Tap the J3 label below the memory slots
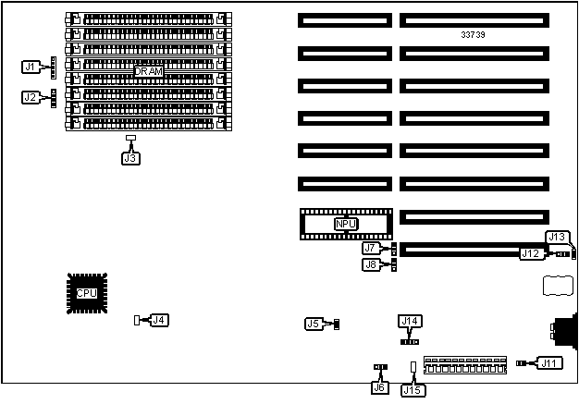coord(130,157)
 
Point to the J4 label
coord(159,320)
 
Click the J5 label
coord(314,324)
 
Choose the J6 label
coord(378,388)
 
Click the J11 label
coord(550,363)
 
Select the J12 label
coord(530,253)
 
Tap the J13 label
coord(557,237)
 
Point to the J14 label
coord(410,321)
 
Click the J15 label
coord(413,389)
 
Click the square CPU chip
coord(86,294)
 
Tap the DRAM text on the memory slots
coord(149,71)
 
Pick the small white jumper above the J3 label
coord(130,139)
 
